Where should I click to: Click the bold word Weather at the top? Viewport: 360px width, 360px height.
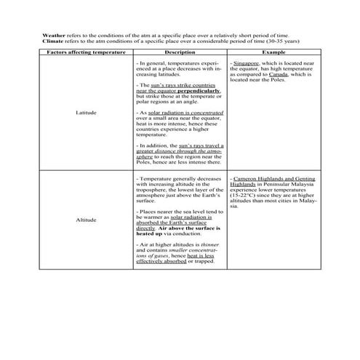click(53, 34)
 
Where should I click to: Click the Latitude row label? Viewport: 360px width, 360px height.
click(87, 114)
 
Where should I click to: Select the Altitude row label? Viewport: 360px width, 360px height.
click(87, 220)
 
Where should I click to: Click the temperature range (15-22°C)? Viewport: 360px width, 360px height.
click(245, 195)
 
